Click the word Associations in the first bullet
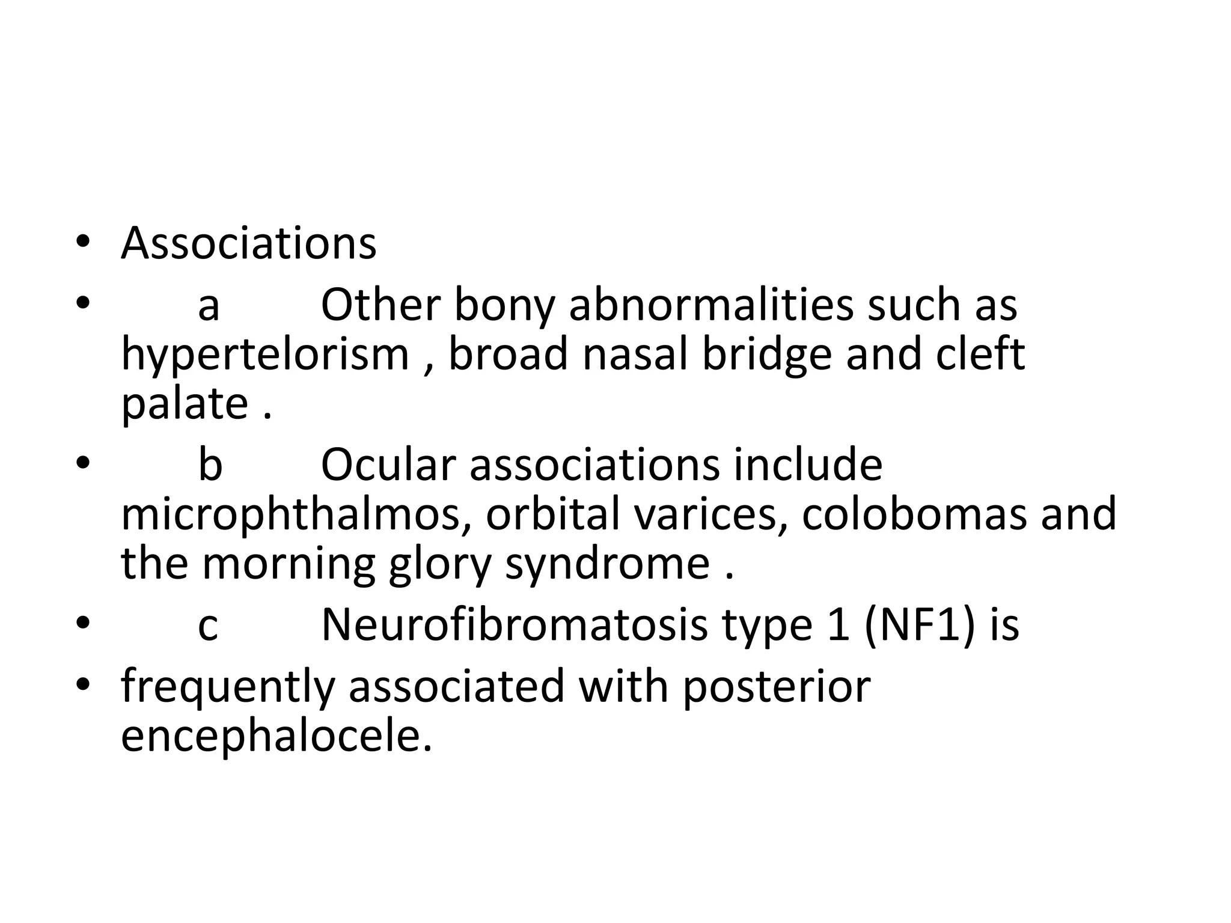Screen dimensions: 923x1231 248,244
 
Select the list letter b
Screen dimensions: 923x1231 210,465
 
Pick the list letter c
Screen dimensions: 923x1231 208,626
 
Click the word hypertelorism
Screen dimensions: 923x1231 265,356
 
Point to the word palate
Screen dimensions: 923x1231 185,404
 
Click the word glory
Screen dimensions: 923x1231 440,565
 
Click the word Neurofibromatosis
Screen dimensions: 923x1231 515,626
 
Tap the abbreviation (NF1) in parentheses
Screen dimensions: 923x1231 918,626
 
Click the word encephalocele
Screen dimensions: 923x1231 276,737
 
